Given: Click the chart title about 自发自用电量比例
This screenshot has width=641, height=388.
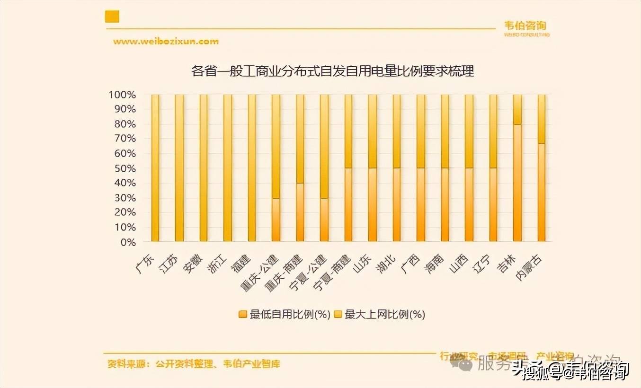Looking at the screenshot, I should (332, 71).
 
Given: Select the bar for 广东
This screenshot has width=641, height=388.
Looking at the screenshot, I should (155, 168).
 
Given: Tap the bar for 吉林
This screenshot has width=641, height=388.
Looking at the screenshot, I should (517, 168).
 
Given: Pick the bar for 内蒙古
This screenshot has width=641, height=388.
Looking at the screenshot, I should (541, 168).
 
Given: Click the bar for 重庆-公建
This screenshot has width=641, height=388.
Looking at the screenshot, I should (276, 168).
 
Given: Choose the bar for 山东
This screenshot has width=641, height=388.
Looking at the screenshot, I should (372, 168).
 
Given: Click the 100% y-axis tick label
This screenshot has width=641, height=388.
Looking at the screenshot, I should (122, 95).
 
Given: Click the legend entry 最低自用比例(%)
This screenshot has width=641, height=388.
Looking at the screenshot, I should (284, 314).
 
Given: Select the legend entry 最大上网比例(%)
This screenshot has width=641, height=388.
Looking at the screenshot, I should (380, 314).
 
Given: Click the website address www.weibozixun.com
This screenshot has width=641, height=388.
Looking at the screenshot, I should (166, 41).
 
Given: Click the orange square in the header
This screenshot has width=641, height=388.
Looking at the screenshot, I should (112, 17).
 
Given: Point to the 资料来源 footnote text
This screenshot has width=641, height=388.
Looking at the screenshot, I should (194, 364).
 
